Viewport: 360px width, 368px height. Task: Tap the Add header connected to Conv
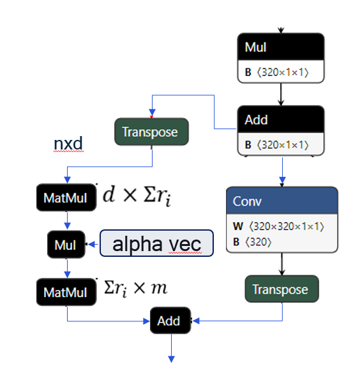(x=281, y=119)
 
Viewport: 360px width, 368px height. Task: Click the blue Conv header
(x=281, y=201)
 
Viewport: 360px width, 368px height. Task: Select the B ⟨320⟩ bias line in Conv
(x=255, y=241)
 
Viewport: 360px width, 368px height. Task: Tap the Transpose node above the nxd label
(x=151, y=132)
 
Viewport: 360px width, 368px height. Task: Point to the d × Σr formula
(x=137, y=196)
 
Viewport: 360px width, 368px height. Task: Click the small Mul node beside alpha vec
(x=66, y=244)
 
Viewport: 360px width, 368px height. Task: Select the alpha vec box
(x=156, y=243)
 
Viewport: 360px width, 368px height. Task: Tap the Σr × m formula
(x=135, y=288)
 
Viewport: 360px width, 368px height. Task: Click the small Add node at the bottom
(x=169, y=321)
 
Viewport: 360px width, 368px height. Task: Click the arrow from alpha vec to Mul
(x=93, y=244)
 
